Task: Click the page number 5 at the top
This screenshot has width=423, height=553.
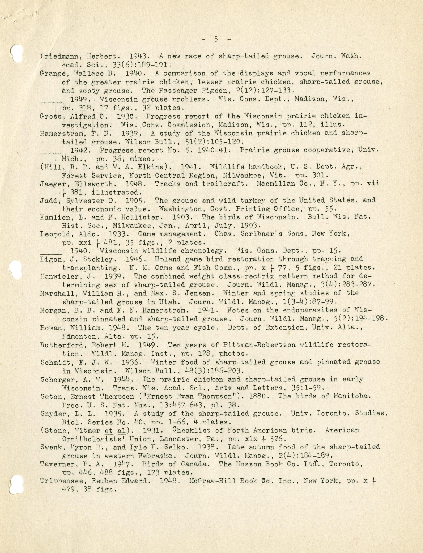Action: tap(216, 39)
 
